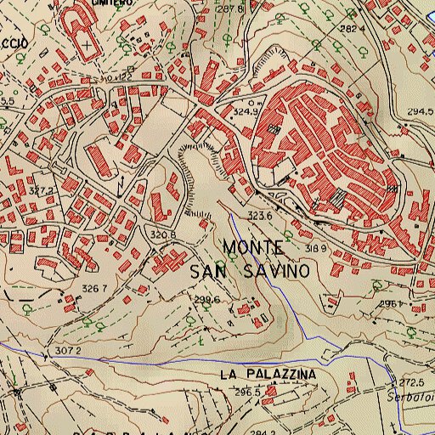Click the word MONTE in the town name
(253, 247)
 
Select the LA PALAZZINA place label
(267, 374)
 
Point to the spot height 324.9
(245, 111)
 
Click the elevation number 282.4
(352, 29)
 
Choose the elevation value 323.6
(259, 217)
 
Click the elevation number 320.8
(162, 234)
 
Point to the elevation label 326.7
(93, 289)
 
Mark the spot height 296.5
(246, 393)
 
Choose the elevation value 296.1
(389, 303)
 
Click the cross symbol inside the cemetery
(87, 41)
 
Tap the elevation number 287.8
(230, 8)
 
